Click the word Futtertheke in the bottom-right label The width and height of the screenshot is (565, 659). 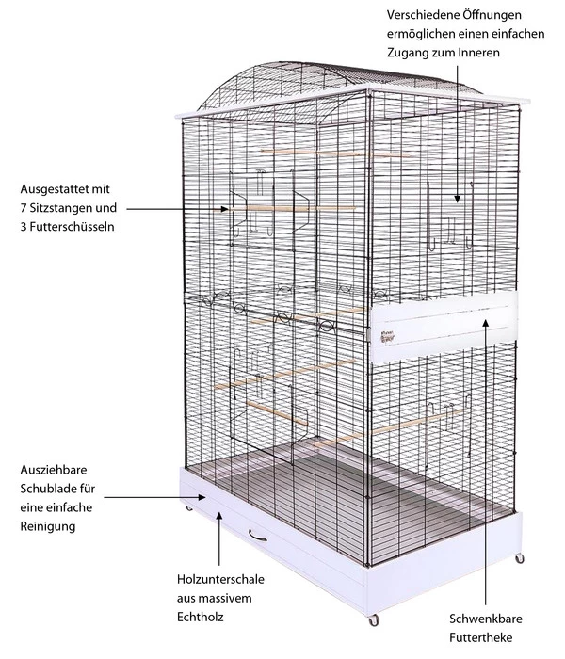[484, 642]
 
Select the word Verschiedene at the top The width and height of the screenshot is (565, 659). [414, 16]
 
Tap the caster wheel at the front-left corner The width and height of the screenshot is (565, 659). [190, 509]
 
